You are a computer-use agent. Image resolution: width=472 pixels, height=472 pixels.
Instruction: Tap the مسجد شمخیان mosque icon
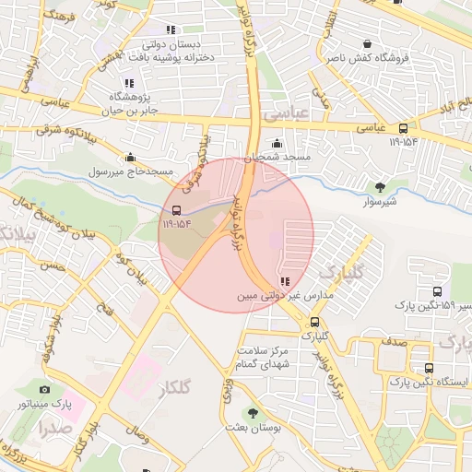277,144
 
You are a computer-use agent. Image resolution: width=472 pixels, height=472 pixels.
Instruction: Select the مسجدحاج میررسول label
124,171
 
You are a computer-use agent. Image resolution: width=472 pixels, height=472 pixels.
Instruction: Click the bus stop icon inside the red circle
176,208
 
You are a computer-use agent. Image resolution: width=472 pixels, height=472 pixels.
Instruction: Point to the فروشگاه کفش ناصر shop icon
368,43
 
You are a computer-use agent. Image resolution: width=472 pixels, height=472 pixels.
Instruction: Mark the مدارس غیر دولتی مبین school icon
285,281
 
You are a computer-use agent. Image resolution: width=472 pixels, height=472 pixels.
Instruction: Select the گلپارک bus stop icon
315,323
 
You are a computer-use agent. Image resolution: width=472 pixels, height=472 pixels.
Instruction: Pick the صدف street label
394,342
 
